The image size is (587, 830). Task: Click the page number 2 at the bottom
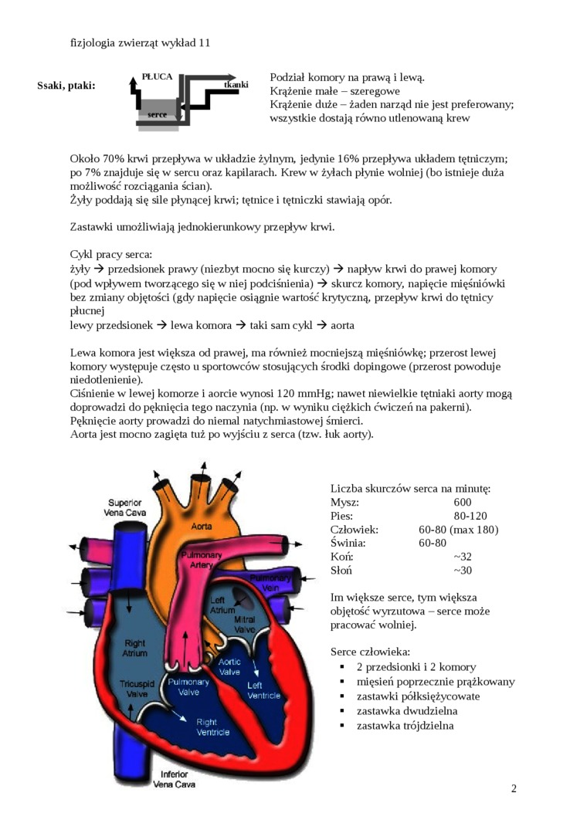coord(514,788)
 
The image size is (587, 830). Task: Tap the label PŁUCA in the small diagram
coord(157,77)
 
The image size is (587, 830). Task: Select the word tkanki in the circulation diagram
coord(236,84)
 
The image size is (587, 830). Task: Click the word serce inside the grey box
coord(157,114)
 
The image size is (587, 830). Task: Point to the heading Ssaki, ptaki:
coord(66,85)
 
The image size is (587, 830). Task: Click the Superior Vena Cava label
coord(124,507)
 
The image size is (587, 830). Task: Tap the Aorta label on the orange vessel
coord(201,526)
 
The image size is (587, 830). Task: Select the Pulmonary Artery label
coord(202,560)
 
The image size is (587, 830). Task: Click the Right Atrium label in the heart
coord(134,648)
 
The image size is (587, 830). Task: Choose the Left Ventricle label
coord(264,690)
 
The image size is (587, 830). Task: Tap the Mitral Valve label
coord(245,625)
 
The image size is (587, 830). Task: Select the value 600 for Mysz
coord(463,502)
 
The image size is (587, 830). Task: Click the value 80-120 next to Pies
coord(470,516)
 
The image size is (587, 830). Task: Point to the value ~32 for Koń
coord(463,557)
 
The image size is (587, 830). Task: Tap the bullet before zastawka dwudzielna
coord(341,711)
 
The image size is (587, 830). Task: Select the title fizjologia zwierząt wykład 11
coord(140,43)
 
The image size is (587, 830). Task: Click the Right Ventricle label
coord(211,727)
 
